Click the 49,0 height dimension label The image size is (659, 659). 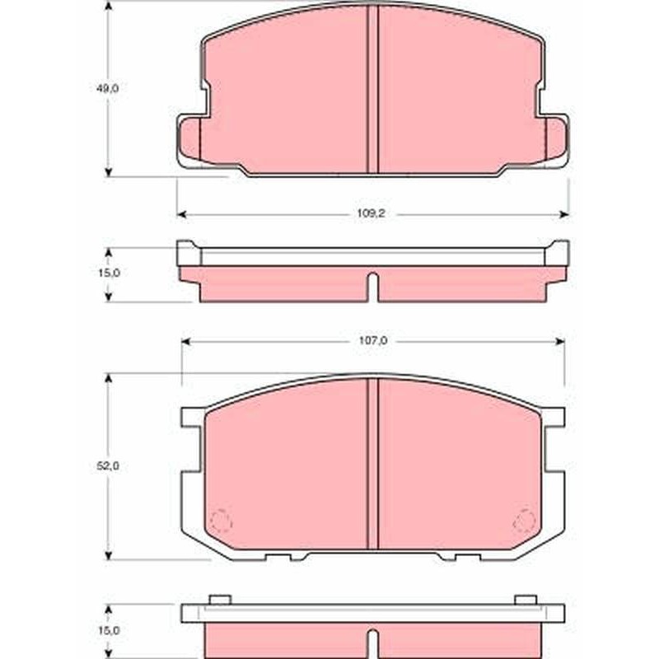click(109, 89)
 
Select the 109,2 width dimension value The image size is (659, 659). click(372, 213)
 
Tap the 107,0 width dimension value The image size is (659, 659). click(373, 341)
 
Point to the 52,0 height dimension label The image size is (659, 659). click(109, 466)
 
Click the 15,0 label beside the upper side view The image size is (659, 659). click(109, 273)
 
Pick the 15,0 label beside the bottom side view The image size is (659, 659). click(109, 630)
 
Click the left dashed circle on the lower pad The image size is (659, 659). click(221, 522)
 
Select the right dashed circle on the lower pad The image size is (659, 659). click(525, 521)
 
